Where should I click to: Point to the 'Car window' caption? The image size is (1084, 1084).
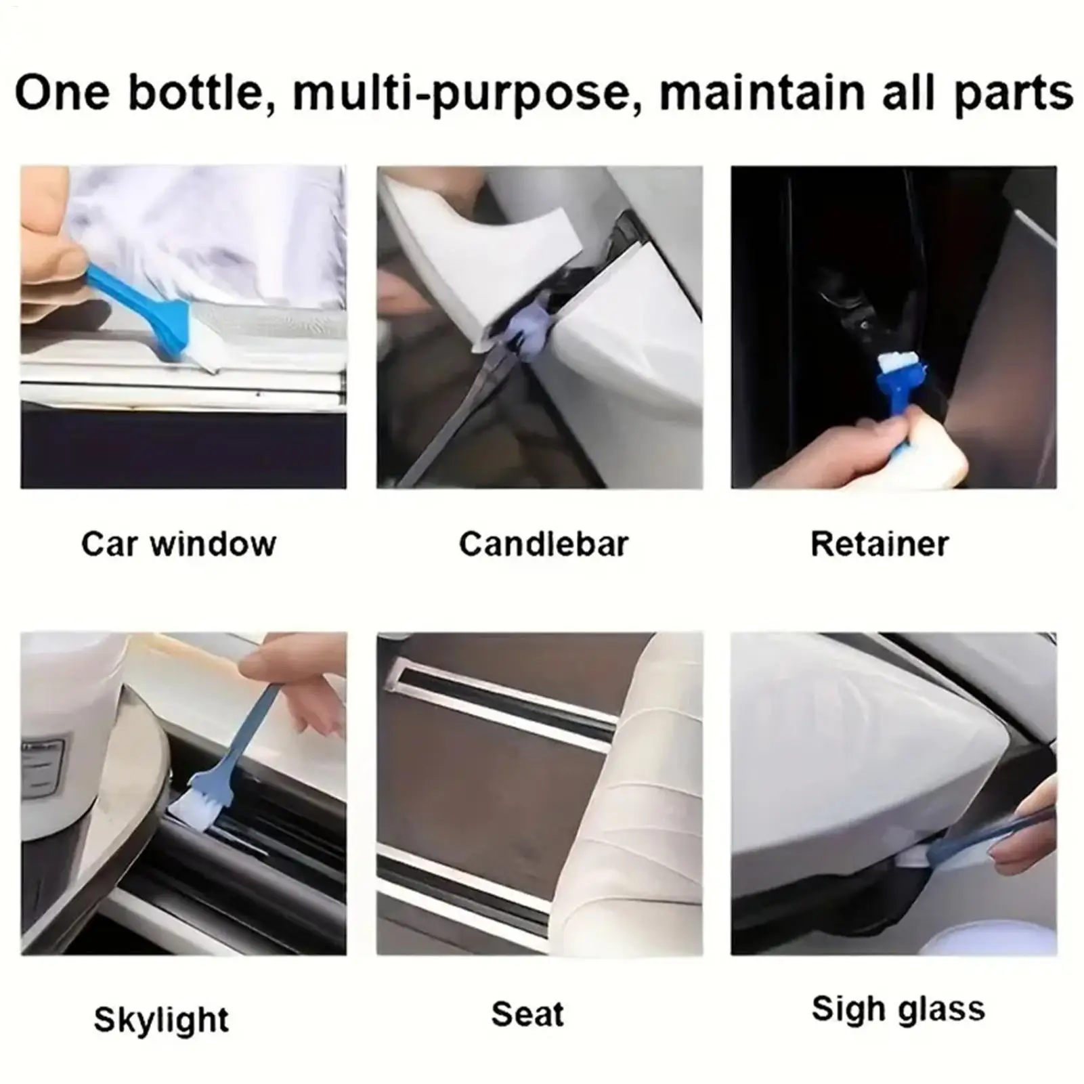[179, 544]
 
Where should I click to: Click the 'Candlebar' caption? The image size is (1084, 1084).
[544, 544]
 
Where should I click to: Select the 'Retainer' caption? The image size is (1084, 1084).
[880, 544]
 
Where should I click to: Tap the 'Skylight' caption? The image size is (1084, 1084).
[161, 1020]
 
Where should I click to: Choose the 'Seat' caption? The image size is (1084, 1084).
[527, 1014]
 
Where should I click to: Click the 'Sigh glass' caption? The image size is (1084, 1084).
[898, 1010]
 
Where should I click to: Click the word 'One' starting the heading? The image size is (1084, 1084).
[62, 93]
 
